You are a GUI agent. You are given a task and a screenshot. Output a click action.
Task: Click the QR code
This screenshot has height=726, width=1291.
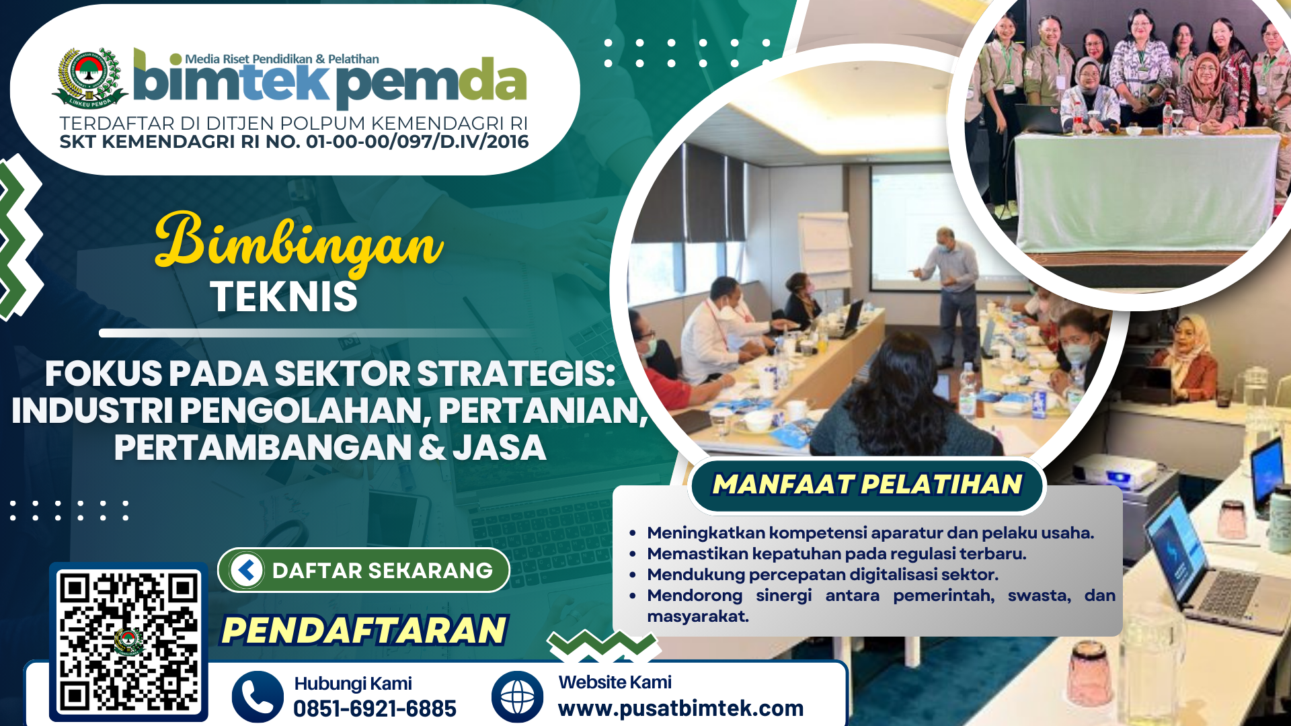pyautogui.click(x=128, y=642)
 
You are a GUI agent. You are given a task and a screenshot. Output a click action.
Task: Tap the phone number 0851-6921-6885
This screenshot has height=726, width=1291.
pyautogui.click(x=375, y=709)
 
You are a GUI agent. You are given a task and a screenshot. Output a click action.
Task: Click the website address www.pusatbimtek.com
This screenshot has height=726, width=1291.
pyautogui.click(x=680, y=708)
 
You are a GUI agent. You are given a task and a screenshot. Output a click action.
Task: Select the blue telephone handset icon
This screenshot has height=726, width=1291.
pyautogui.click(x=258, y=696)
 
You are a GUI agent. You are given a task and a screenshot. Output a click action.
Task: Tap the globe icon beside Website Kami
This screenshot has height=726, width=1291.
pyautogui.click(x=517, y=696)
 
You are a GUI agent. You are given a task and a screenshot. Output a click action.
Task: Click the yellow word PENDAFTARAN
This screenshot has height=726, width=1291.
pyautogui.click(x=364, y=630)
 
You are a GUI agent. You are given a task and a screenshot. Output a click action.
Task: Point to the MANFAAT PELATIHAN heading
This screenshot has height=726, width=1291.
pyautogui.click(x=867, y=484)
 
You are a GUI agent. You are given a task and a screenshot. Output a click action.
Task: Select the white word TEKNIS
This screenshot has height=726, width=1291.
pyautogui.click(x=284, y=296)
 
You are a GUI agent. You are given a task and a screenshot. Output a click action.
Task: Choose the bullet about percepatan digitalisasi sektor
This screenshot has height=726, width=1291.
pyautogui.click(x=822, y=575)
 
